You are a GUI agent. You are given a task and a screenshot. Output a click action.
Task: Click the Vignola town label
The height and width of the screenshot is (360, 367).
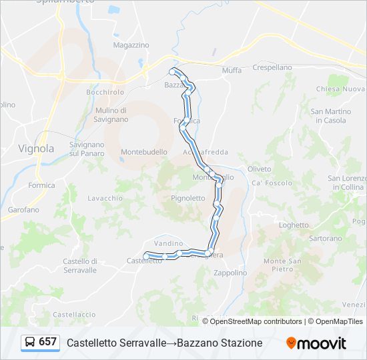pos(36,148)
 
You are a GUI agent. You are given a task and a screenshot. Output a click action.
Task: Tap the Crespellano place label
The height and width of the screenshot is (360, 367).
pos(272,67)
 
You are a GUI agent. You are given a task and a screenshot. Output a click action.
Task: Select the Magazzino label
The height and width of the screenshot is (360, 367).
pos(131,45)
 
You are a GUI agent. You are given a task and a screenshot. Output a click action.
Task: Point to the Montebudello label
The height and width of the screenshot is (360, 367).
pos(144,152)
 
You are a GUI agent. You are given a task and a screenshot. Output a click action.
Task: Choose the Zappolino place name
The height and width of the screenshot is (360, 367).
pos(230,273)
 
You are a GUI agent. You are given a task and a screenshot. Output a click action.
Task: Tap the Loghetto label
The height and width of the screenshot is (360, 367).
pos(294,225)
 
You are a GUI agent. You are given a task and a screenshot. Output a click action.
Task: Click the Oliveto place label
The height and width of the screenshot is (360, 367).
pos(259,169)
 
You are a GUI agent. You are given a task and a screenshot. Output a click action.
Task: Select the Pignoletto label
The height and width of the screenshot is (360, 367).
pos(188,198)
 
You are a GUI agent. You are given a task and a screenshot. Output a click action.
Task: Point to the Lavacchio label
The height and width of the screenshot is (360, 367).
pos(105,198)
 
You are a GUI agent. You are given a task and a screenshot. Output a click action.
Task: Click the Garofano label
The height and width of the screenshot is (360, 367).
pos(23,209)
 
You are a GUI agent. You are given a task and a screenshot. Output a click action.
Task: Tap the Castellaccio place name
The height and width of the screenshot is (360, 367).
pos(74,314)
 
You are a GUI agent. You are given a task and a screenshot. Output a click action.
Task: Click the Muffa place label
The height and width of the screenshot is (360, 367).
pos(232,70)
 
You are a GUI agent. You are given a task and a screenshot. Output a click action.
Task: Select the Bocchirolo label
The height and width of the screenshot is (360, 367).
pos(105,92)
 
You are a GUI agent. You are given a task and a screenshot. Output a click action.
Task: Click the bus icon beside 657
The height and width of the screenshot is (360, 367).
pos(30,342)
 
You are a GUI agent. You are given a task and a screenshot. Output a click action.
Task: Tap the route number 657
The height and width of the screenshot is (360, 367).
pos(47,342)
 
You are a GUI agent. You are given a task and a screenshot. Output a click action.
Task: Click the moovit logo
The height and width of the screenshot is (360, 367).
pos(316,343)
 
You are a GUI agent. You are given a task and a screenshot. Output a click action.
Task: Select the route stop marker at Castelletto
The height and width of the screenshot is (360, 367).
pos(146,256)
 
